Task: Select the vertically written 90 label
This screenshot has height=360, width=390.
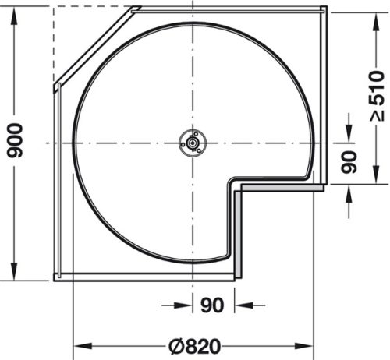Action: (349, 161)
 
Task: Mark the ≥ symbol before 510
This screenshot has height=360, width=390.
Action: (377, 115)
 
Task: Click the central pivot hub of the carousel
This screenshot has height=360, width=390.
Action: (190, 143)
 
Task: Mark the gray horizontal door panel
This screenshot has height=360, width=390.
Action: (281, 187)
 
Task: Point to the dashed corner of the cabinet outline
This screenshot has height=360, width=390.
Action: (55, 9)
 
